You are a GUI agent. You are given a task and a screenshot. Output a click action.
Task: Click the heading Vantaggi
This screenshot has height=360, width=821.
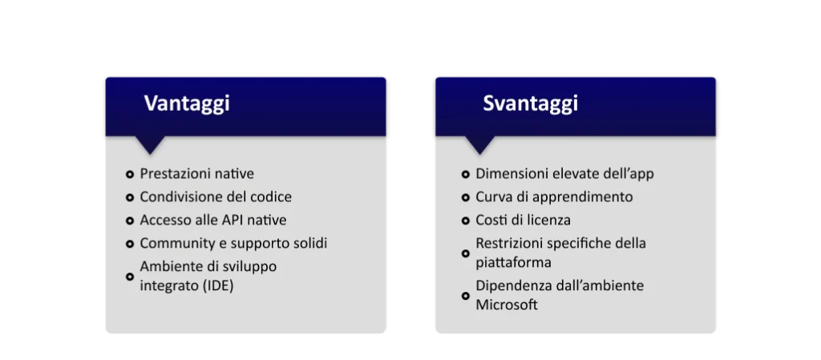(187, 103)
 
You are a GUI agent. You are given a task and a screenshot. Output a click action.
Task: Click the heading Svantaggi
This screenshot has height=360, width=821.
(531, 103)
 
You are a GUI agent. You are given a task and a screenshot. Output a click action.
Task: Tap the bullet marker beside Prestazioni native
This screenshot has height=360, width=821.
(130, 174)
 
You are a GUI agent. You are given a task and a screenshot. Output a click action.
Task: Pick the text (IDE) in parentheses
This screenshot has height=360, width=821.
(217, 286)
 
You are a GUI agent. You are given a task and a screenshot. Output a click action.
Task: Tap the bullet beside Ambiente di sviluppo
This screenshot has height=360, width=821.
(130, 277)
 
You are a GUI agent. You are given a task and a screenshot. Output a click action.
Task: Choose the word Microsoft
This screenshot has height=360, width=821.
(507, 305)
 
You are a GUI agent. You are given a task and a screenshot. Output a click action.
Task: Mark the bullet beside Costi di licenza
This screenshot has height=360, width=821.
(466, 220)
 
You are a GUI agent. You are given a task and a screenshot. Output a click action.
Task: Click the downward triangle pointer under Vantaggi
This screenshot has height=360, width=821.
(150, 144)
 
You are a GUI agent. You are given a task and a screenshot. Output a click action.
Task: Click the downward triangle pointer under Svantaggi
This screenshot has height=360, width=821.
(480, 144)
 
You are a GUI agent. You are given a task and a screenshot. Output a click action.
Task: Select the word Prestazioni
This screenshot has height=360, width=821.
(172, 174)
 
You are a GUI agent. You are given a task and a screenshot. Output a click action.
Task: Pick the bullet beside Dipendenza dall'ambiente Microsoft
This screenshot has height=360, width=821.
(466, 296)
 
